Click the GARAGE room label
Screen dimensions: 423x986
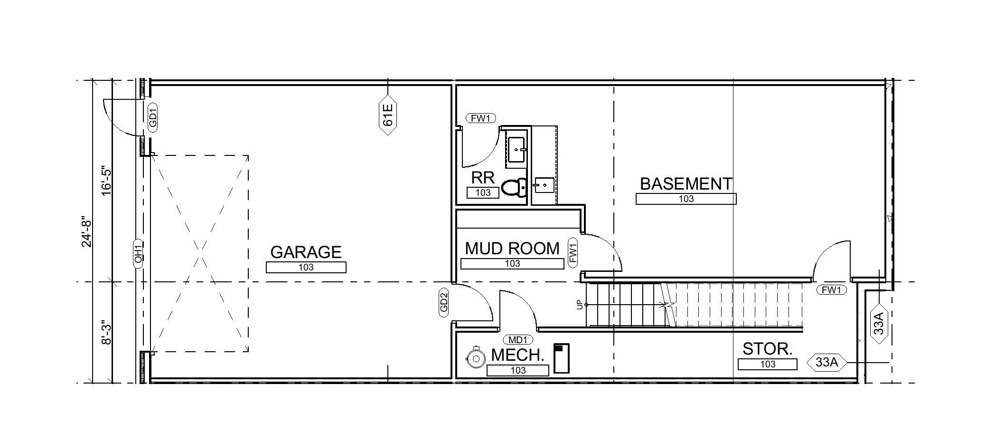(306, 252)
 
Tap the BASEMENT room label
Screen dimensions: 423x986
(686, 184)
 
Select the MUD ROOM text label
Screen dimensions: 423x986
(512, 249)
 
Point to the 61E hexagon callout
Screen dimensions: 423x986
(388, 115)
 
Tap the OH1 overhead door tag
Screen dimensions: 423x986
(138, 252)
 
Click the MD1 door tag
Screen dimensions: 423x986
(517, 340)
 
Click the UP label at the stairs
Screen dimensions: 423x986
(580, 305)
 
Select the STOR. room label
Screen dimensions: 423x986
(767, 349)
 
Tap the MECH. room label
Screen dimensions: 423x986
(517, 355)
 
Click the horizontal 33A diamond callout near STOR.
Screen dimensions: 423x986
(826, 363)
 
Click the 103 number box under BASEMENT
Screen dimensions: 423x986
(686, 199)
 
